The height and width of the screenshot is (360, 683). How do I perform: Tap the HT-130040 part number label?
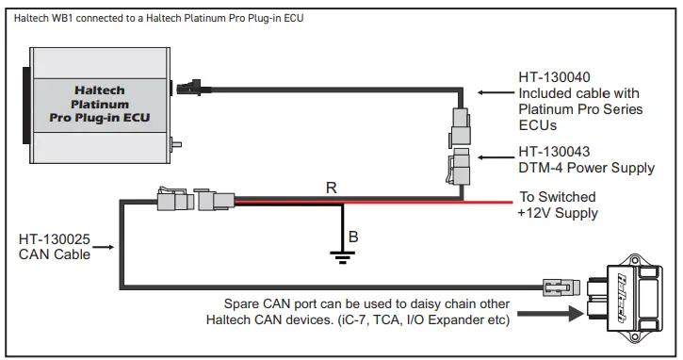click(554, 77)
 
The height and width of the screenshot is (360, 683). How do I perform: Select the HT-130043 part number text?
click(554, 152)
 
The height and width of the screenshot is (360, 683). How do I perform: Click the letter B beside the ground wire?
click(353, 236)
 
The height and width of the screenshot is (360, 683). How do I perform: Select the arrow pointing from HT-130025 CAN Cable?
click(105, 248)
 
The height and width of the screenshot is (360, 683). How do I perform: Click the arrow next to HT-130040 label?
click(494, 92)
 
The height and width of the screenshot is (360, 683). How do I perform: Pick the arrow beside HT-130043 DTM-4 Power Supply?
click(494, 159)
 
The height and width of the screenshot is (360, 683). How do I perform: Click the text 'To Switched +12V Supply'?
click(558, 205)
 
